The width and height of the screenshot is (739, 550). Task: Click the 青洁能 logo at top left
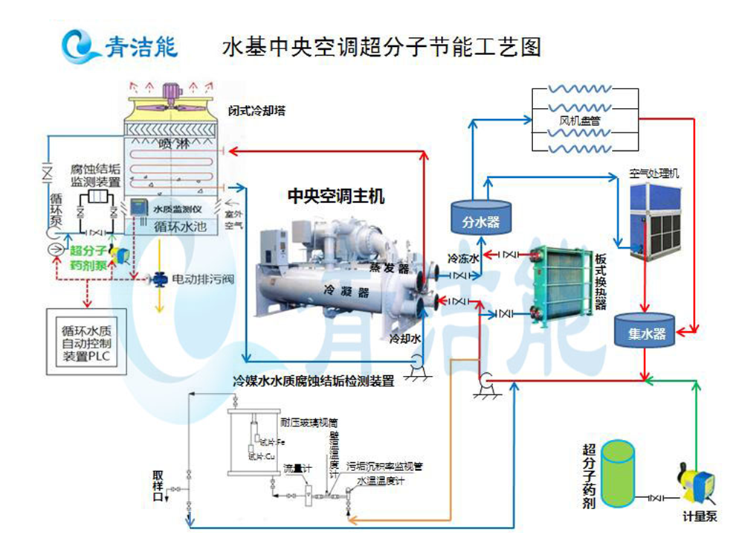(119, 46)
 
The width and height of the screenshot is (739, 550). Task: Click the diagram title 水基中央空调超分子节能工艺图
(381, 48)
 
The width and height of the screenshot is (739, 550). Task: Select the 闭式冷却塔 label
(257, 112)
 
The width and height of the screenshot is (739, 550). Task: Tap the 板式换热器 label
(601, 282)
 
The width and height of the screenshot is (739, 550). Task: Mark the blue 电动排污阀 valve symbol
(159, 280)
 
